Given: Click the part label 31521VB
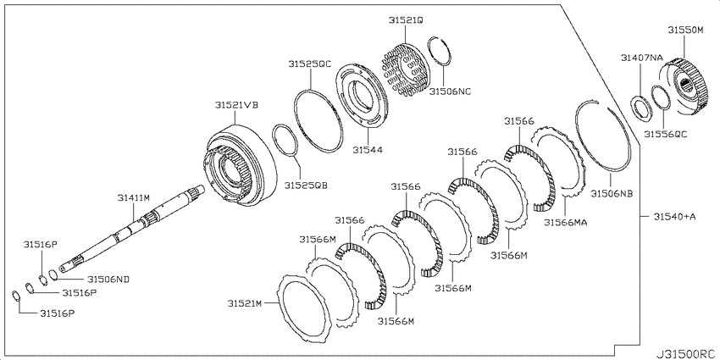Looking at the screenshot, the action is coord(236,105).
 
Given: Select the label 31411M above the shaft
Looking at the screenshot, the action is coord(134,197).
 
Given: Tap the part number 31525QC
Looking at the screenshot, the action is coord(310,64).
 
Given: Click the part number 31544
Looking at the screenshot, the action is coord(368,149).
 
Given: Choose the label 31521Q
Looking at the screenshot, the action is coord(406,20).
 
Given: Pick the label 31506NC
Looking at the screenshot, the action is coord(450,91).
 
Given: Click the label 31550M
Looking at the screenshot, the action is coord(685,30).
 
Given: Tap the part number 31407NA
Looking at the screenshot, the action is coord(642,58).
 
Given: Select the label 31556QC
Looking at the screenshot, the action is coord(665,134).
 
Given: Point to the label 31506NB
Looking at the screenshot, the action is coord(612,193).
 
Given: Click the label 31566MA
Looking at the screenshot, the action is coord(566,222).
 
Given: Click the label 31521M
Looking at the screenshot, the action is coord(244,303).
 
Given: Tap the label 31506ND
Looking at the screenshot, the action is coord(108,279).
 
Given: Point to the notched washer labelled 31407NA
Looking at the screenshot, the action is coord(640,108).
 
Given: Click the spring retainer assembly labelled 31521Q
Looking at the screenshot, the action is coord(406,69).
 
